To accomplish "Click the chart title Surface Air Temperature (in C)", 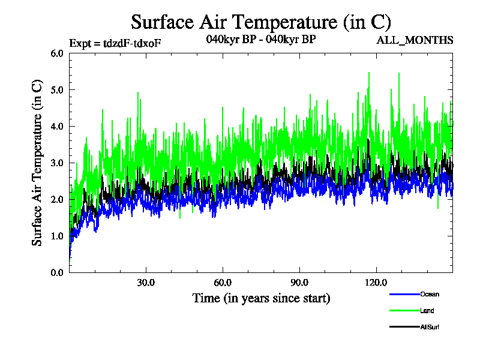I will tap(261, 22).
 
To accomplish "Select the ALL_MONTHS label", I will tap(415, 40).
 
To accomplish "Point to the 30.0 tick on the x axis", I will tap(146, 283).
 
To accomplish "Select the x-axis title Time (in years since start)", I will tap(261, 298).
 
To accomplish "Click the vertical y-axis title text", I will tap(37, 163).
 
